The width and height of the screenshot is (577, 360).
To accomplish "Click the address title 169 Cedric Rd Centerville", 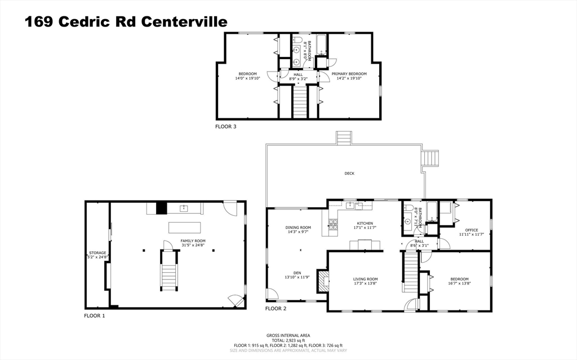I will pos(126,21).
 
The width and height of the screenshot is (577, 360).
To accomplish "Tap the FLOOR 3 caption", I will pos(225,127).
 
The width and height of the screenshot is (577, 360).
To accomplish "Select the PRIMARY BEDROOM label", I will pos(349,74).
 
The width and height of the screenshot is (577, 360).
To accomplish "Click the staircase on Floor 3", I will pos(300,102).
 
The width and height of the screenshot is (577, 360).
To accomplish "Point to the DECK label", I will pos(349,174).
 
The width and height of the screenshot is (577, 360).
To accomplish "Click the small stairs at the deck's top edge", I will pos(343,138).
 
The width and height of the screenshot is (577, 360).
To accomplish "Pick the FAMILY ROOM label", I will pos(193,241).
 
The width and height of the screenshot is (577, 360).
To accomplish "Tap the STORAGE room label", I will pos(97,253).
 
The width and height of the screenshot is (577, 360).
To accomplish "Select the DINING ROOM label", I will pos(298,227).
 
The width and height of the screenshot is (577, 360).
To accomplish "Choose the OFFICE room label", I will pos(471,229).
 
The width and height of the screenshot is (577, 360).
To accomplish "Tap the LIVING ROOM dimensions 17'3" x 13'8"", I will pos(365,283).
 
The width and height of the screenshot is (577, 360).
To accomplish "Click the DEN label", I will pos(297,273).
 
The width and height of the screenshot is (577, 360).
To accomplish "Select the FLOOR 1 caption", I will pos(95,316).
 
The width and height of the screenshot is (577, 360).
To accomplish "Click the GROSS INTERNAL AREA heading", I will pos(288,336).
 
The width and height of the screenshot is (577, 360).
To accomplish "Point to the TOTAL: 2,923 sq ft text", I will pos(288,341).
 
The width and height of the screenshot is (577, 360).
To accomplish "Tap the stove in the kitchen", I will pos(332,227).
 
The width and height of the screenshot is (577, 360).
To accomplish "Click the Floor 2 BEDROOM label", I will pos(459,279).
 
